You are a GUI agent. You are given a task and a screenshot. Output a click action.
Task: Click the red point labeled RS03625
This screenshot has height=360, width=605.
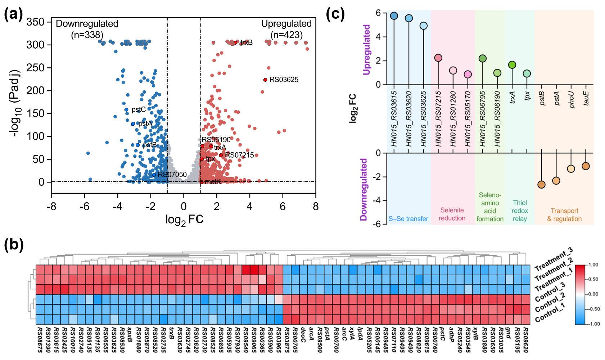(x=265, y=80)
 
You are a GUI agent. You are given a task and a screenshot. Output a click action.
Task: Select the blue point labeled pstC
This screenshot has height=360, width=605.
(x=126, y=109)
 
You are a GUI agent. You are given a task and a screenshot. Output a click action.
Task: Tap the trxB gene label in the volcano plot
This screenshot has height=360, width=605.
(x=247, y=43)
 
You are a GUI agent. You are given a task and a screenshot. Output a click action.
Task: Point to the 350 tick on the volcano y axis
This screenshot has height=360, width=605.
(x=35, y=22)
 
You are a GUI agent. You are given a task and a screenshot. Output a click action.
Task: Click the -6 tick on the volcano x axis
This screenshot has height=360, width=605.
(x=85, y=207)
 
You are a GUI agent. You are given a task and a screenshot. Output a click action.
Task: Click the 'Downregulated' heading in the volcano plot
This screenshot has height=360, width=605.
(x=87, y=24)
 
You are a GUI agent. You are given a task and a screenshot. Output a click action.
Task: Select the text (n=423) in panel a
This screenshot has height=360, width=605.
(x=286, y=35)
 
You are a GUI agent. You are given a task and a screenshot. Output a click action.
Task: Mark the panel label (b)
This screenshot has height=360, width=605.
(x=14, y=244)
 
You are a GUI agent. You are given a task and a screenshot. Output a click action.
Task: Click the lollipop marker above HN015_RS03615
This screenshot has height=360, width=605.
(x=394, y=16)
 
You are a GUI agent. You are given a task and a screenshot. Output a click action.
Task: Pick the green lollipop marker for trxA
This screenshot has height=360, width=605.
(x=512, y=65)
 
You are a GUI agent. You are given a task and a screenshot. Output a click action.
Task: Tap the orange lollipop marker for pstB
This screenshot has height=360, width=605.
(x=541, y=185)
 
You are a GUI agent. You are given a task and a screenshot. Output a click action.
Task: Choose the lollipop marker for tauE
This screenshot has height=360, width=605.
(x=586, y=166)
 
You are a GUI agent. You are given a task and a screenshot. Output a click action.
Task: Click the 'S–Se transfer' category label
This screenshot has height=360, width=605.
(x=408, y=219)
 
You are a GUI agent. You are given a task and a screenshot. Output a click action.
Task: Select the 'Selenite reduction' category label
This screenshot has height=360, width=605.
(x=452, y=214)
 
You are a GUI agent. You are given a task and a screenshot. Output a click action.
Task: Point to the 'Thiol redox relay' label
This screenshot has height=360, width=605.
(x=520, y=211)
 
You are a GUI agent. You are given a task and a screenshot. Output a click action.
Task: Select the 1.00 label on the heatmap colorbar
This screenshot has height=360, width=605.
(x=593, y=265)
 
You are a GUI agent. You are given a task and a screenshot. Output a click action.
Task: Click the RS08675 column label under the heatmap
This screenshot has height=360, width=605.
(x=39, y=340)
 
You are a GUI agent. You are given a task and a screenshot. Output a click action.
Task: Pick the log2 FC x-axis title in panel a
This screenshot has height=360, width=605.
(x=184, y=220)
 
